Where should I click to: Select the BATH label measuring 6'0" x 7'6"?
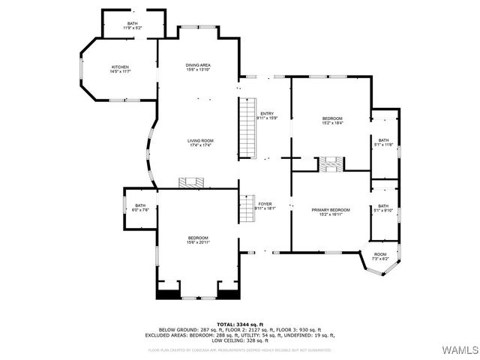(x=140, y=208)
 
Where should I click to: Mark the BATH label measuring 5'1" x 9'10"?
(x=383, y=208)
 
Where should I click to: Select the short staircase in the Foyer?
(x=247, y=208)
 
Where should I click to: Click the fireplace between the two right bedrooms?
(x=331, y=163)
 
